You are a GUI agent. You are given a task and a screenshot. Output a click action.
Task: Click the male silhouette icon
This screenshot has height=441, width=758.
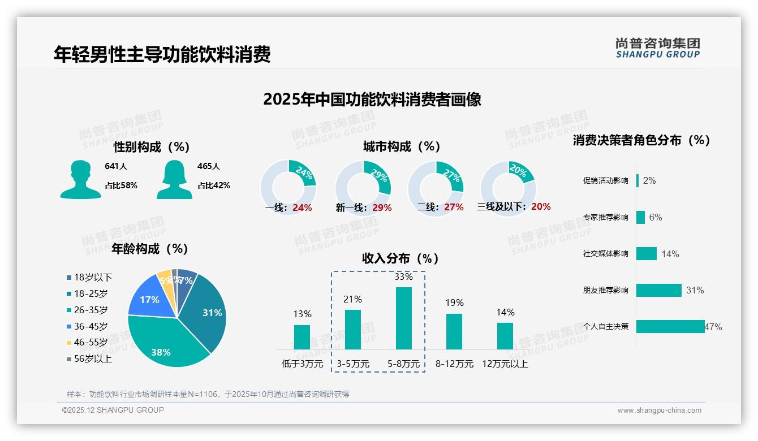[x=80, y=180]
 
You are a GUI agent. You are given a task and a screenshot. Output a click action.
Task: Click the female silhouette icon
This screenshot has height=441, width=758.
[x=174, y=180]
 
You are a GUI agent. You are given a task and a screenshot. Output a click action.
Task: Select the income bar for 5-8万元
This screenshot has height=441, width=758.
[x=403, y=318]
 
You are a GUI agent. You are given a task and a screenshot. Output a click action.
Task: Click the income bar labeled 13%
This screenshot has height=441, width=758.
[x=302, y=337]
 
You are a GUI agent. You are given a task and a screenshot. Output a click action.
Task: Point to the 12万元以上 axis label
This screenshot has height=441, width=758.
[x=505, y=364]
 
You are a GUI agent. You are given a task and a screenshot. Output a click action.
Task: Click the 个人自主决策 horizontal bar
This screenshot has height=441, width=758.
[x=670, y=326]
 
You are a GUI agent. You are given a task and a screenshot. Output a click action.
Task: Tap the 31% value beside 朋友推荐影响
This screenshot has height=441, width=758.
[x=695, y=290]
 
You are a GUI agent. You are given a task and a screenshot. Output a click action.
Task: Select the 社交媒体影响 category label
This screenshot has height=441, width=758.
[x=605, y=254]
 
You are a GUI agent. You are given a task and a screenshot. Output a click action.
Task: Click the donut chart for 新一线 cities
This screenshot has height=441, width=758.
[x=363, y=188]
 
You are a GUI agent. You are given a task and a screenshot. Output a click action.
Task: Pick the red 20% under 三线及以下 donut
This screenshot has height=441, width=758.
[x=541, y=206]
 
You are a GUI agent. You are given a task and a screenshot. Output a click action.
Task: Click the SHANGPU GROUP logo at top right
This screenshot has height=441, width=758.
[x=657, y=48]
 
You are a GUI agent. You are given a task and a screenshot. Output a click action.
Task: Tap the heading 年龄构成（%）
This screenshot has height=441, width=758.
[x=150, y=249]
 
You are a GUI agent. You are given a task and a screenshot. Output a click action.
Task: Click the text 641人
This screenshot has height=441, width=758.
[x=116, y=166]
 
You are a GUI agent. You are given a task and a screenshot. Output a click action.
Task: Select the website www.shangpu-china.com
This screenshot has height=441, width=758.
[x=659, y=410]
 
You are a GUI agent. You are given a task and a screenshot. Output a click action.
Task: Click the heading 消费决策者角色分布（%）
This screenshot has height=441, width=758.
[x=641, y=140]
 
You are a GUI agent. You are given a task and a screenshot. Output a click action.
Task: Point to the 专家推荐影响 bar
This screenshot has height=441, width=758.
[x=640, y=217]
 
